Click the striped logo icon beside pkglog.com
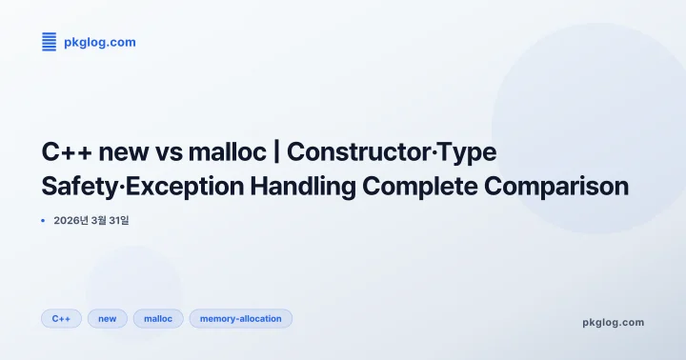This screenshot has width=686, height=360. click(x=50, y=42)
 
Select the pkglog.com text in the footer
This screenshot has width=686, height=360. click(x=613, y=322)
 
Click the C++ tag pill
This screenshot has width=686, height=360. click(x=62, y=318)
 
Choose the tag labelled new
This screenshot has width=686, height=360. click(x=108, y=318)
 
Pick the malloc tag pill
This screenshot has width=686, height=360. click(x=158, y=318)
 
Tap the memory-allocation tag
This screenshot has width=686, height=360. click(x=241, y=318)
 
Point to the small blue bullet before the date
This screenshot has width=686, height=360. click(x=44, y=220)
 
